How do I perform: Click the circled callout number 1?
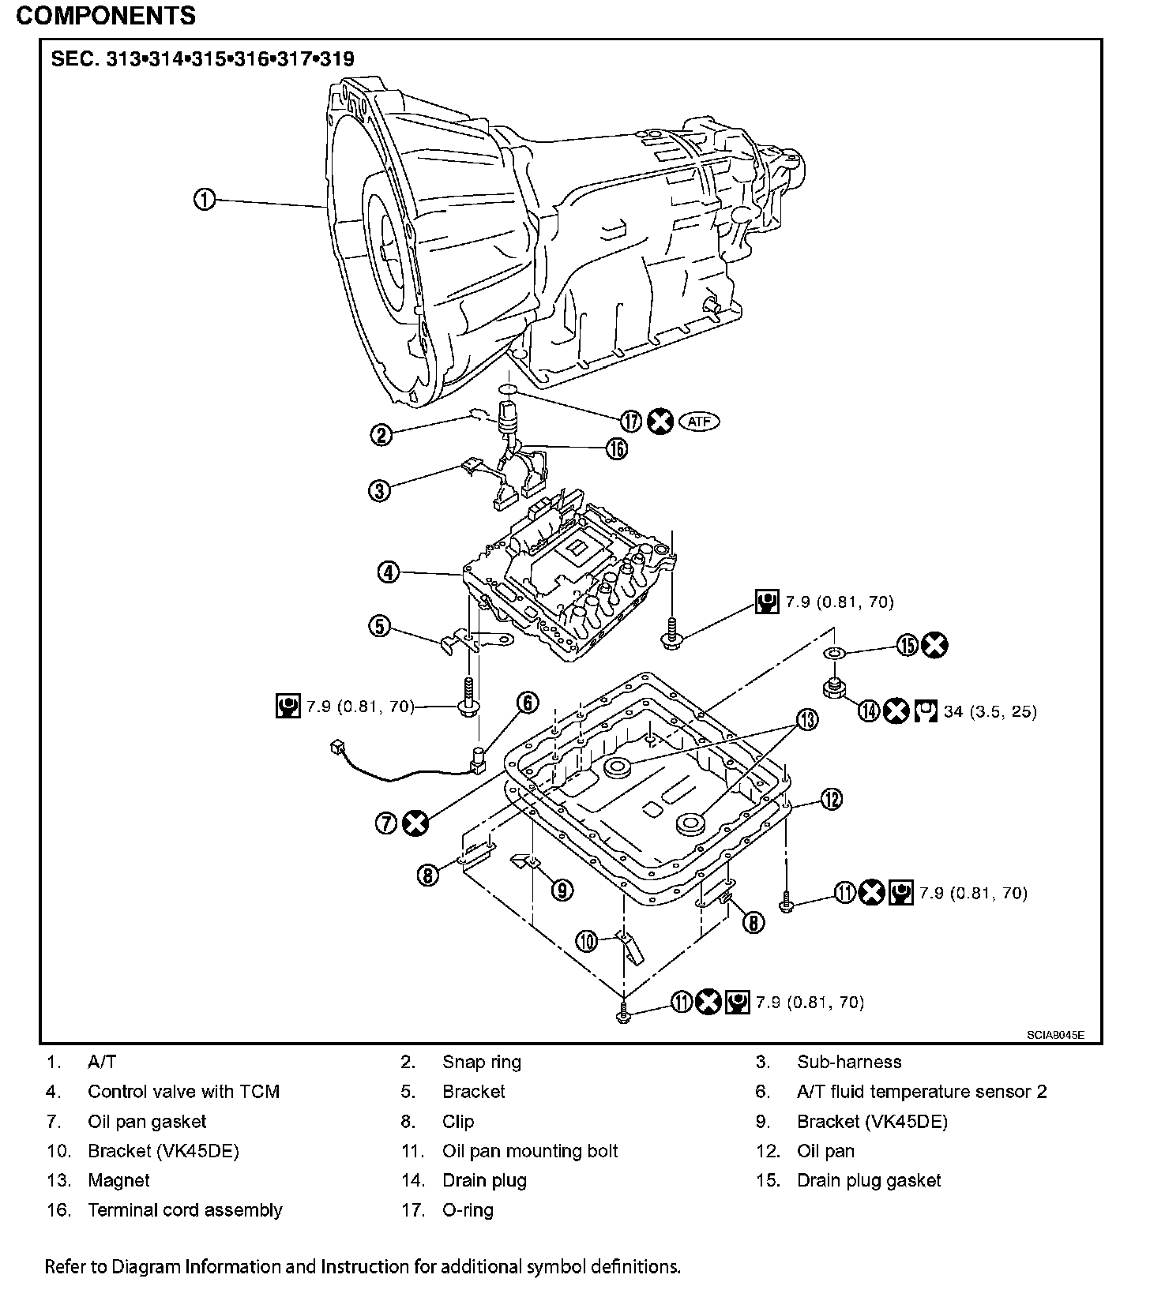(x=205, y=200)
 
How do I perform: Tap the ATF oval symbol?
(x=699, y=422)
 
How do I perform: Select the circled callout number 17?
(x=630, y=422)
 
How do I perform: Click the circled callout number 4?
(x=389, y=572)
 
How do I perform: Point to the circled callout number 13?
(x=807, y=719)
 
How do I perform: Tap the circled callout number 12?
(x=831, y=800)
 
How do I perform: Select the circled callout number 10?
(x=587, y=941)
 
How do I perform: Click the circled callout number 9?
(x=562, y=890)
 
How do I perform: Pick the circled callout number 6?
(x=528, y=703)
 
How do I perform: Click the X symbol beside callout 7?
(x=415, y=823)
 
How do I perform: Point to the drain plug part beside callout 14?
(x=833, y=688)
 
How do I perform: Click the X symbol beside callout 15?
(x=935, y=645)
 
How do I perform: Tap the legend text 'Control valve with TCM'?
(x=183, y=1092)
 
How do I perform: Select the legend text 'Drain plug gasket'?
(x=869, y=1180)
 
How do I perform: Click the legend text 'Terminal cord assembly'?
(x=185, y=1210)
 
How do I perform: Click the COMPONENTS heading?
(x=106, y=15)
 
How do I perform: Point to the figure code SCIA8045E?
(x=1055, y=1033)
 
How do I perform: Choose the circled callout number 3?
(x=380, y=490)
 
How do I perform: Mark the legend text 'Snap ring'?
(x=482, y=1062)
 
